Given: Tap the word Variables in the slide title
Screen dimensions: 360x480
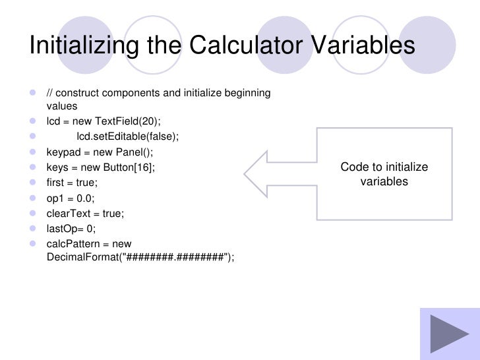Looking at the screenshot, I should pos(359,45).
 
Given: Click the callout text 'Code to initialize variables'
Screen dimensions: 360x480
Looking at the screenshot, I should pos(384,174).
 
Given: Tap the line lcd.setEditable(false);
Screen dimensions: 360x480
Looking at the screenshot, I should pos(127,136).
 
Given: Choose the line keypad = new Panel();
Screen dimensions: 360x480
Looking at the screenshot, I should pos(99,152).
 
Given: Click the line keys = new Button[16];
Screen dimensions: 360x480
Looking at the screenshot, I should pos(100,167).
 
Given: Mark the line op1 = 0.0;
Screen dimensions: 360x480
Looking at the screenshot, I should pos(71,198).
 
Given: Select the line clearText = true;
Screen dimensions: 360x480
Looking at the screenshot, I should pos(84,214).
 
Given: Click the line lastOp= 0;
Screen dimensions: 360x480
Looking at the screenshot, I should pos(71,229).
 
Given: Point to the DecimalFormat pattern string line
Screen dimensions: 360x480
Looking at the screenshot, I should pos(140,257).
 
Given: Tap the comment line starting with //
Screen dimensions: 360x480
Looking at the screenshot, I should pos(158,93).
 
